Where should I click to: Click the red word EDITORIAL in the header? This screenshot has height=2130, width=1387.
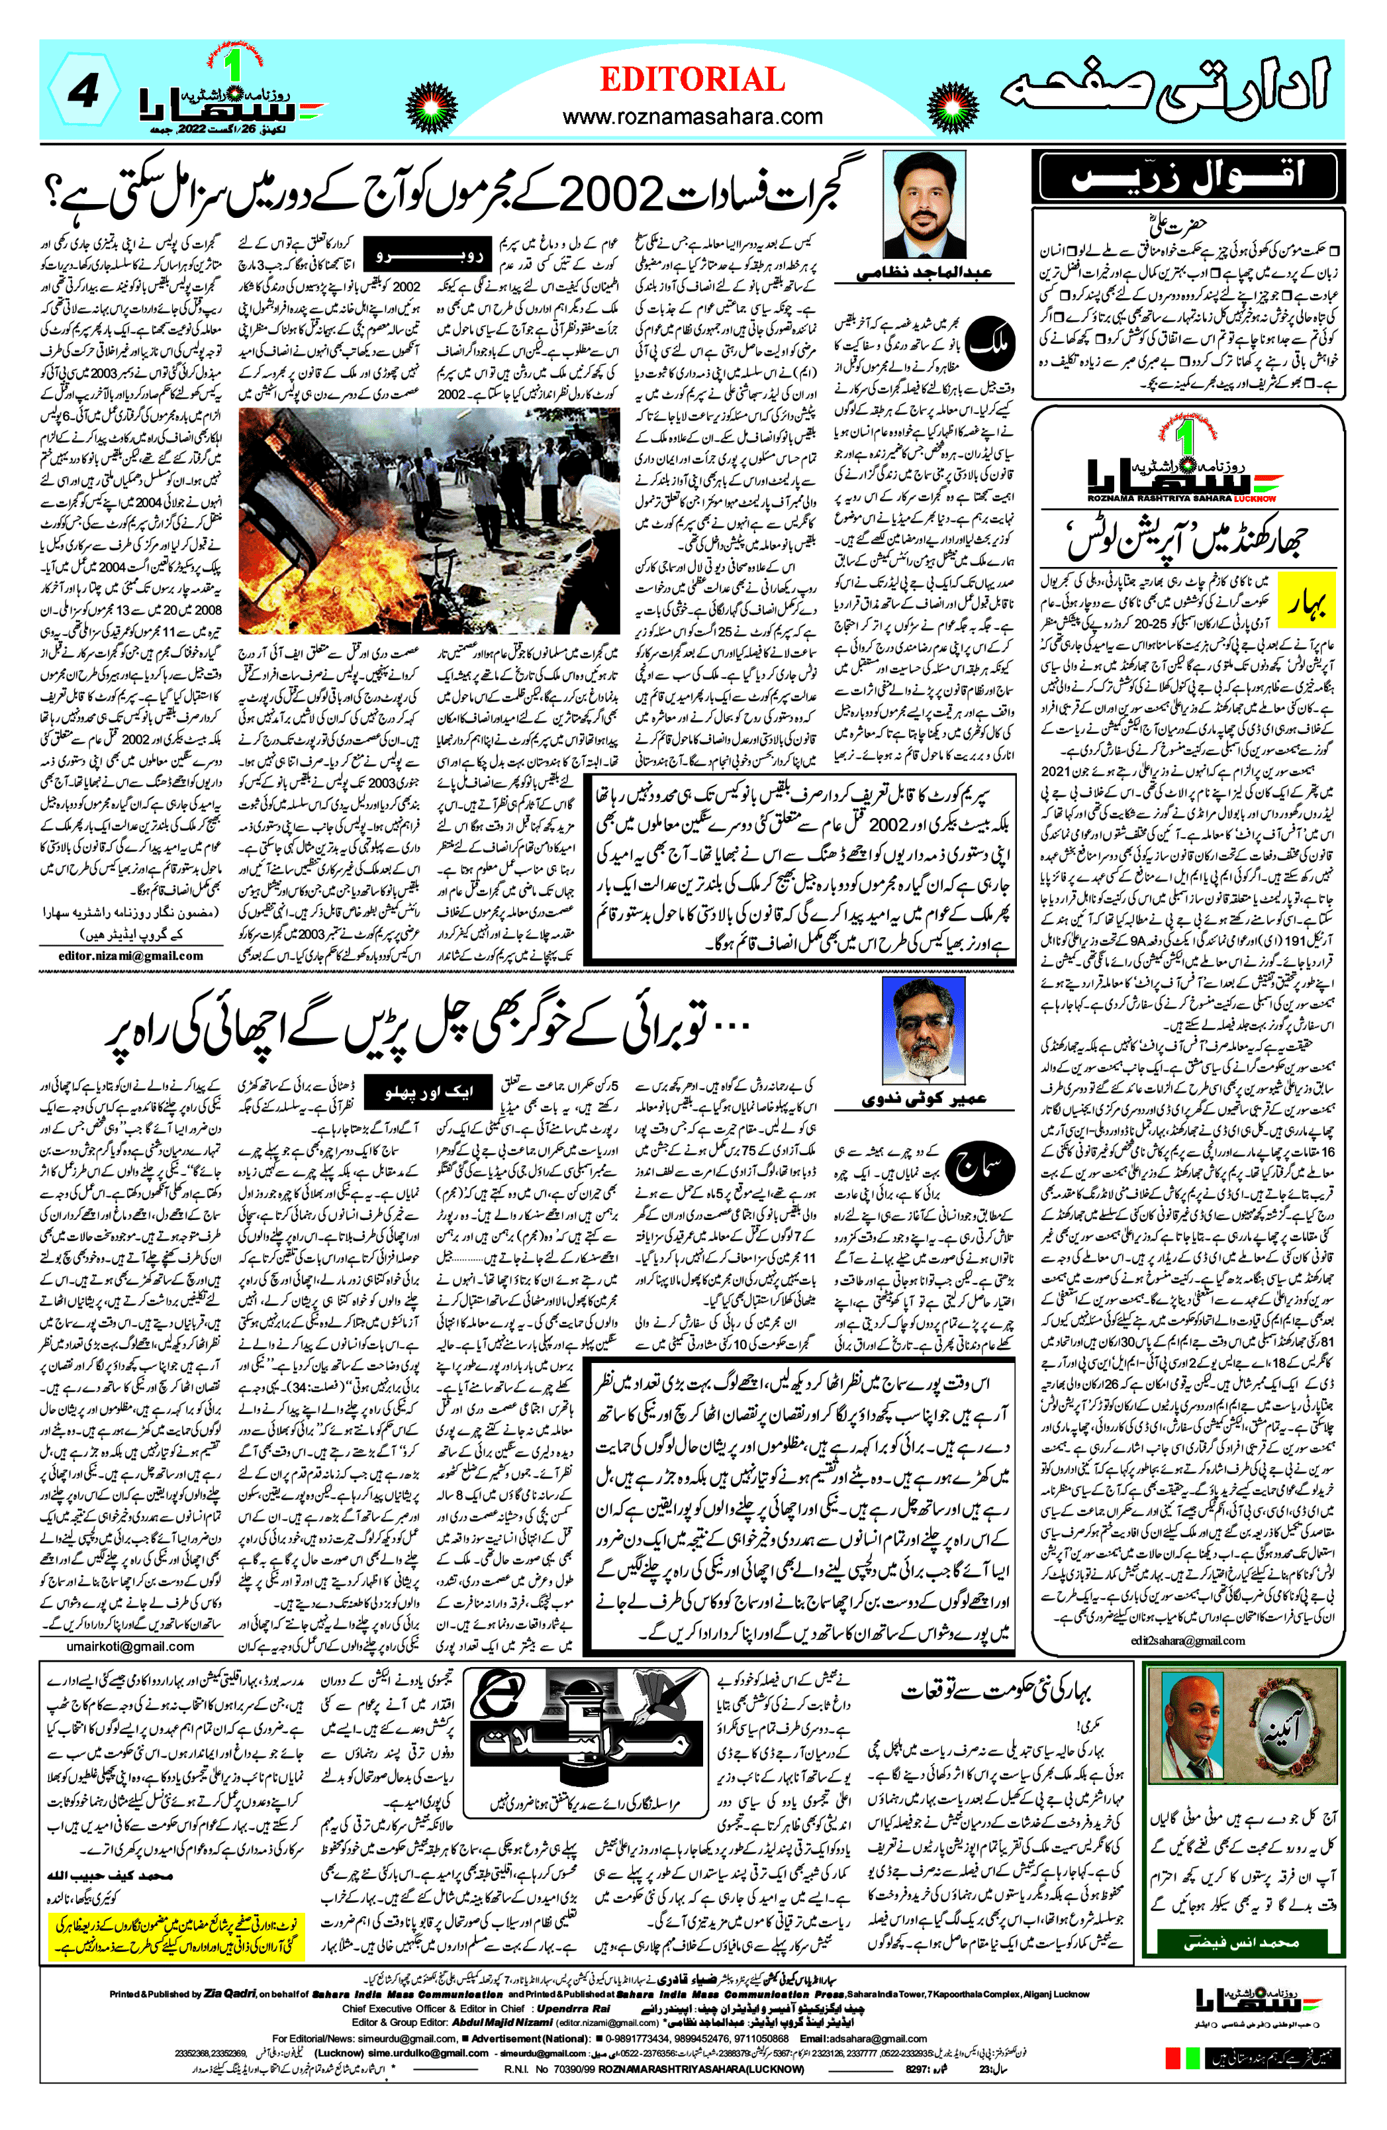click(x=692, y=81)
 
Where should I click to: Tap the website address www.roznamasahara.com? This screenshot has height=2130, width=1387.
click(x=692, y=117)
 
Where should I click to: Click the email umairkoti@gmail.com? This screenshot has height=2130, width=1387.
click(x=130, y=1646)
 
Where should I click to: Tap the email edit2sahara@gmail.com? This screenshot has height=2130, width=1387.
click(x=1188, y=1641)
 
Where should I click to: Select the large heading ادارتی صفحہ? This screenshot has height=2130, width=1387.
click(x=1163, y=92)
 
